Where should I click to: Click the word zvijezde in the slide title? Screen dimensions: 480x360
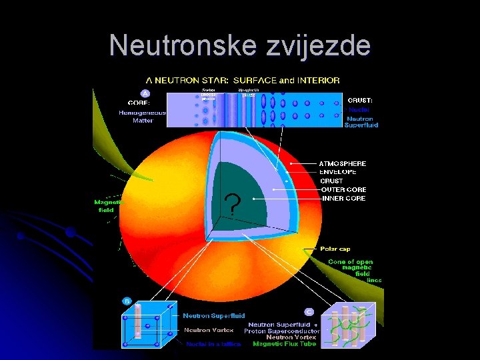click(319, 46)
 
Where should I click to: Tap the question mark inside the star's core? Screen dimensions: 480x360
click(232, 205)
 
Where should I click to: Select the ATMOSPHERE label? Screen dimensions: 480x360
click(342, 163)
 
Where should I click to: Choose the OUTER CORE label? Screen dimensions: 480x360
click(343, 189)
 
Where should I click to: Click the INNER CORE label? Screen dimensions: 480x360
click(343, 198)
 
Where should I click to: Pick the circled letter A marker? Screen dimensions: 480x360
click(145, 93)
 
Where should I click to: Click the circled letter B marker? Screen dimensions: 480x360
click(126, 301)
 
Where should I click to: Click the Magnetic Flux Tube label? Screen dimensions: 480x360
click(285, 343)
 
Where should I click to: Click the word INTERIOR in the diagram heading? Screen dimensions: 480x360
click(319, 80)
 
